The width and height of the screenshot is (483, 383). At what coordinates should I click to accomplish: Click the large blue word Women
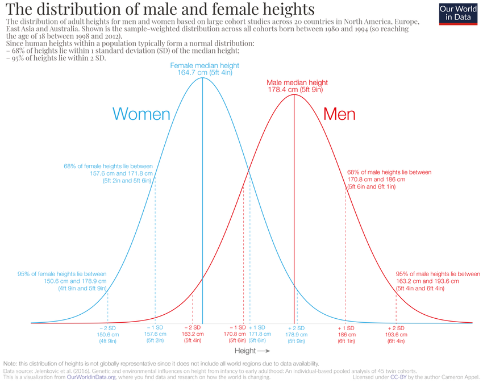click(141, 114)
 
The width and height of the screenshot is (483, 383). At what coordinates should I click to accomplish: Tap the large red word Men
click(339, 114)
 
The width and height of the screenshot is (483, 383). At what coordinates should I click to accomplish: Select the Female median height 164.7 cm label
click(205, 69)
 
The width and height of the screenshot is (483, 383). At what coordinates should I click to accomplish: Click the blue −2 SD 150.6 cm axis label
click(107, 335)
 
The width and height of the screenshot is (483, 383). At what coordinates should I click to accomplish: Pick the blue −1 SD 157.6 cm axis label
click(155, 335)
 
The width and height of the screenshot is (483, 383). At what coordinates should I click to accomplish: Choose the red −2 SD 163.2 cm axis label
click(192, 335)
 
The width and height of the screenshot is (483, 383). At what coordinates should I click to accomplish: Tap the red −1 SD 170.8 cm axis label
click(237, 335)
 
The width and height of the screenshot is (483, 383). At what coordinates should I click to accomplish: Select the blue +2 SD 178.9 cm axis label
click(296, 335)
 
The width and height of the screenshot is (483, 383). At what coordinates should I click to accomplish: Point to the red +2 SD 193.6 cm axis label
click(396, 335)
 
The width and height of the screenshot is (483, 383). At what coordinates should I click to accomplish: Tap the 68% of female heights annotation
click(109, 173)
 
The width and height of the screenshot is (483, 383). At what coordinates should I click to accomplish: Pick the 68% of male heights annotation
click(389, 179)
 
